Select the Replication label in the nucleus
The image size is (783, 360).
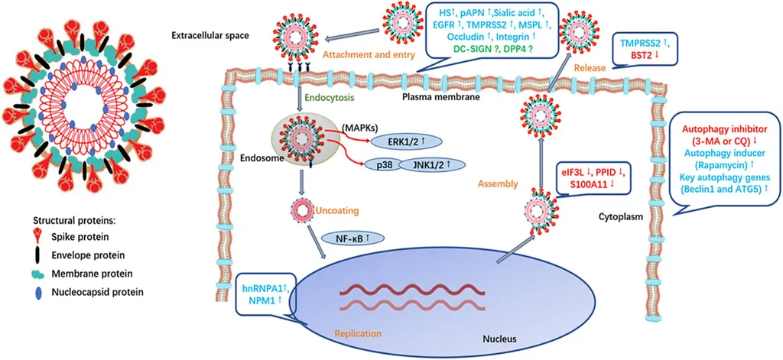tap(357, 333)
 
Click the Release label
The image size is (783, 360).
tap(593, 67)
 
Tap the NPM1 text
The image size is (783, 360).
tap(257, 301)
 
